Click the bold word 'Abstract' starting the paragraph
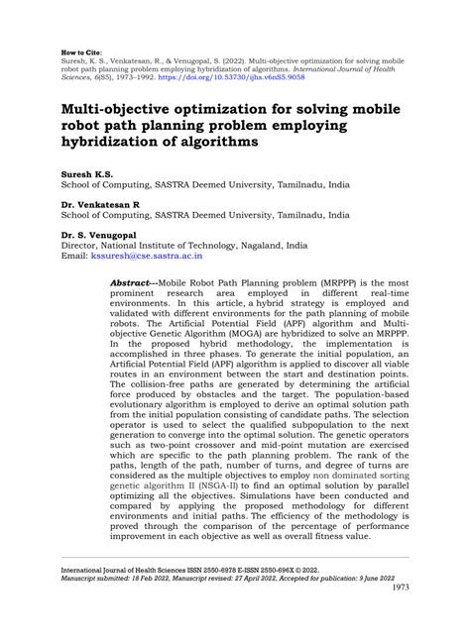(137, 282)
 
